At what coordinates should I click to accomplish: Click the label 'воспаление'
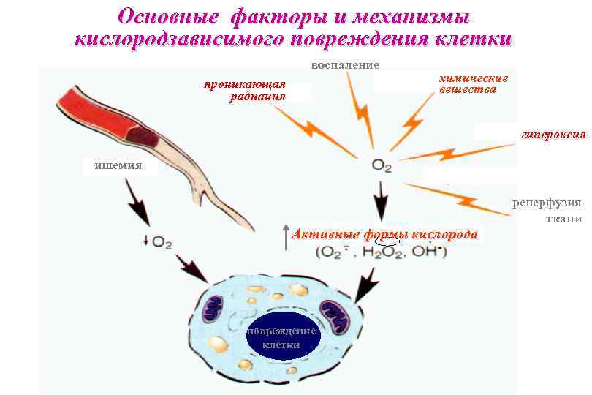(x=345, y=66)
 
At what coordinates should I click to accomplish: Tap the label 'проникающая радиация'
(x=245, y=91)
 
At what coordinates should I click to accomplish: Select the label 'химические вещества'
(x=471, y=83)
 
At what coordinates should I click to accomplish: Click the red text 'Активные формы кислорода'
(x=384, y=235)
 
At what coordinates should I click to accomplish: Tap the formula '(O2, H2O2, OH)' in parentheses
(x=381, y=252)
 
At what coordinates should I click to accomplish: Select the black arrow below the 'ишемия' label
(x=137, y=202)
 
